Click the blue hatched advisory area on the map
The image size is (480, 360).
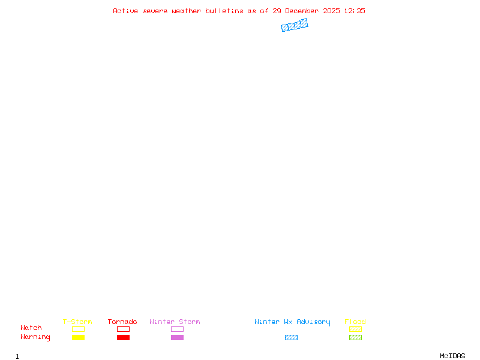[x=295, y=25]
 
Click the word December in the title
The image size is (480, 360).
[x=302, y=11]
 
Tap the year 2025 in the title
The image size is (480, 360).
[x=331, y=11]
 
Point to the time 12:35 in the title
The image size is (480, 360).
[x=355, y=11]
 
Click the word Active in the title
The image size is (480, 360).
[x=125, y=11]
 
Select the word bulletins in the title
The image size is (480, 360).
[x=224, y=11]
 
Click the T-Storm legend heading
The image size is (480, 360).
[x=77, y=322]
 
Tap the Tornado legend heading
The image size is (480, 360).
[x=122, y=322]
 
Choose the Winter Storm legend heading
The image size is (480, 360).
[x=175, y=322]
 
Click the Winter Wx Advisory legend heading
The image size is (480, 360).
[x=292, y=322]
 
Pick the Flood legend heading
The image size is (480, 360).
[x=355, y=322]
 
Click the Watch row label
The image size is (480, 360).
[x=31, y=328]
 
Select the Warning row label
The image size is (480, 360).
[x=35, y=337]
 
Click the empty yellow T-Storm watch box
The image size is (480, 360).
[x=79, y=326]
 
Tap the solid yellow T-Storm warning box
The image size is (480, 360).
[x=79, y=337]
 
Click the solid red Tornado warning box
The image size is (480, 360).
[x=124, y=337]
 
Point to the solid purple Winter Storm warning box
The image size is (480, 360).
[x=177, y=337]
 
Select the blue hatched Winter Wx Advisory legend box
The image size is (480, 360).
[x=291, y=337]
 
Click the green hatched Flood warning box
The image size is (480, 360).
[x=355, y=337]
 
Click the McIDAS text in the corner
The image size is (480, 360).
[x=452, y=356]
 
